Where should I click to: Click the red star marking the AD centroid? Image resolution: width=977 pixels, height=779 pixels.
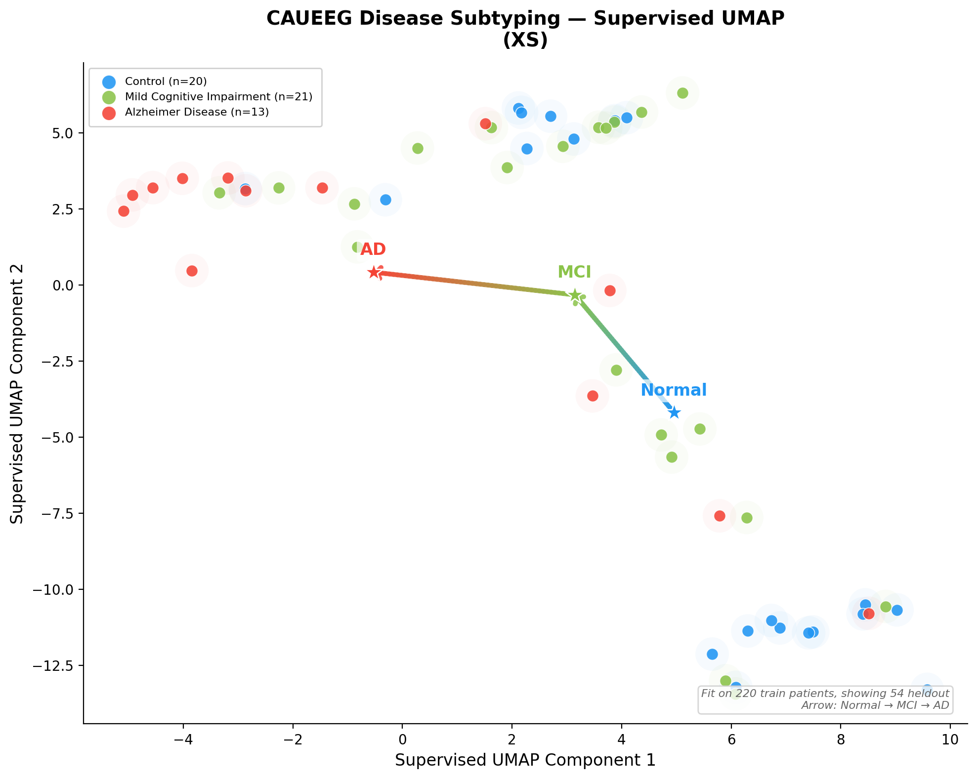click(x=374, y=272)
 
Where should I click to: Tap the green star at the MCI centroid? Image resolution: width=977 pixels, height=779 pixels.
click(x=575, y=295)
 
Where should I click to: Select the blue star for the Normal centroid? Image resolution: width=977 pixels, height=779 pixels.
click(x=674, y=412)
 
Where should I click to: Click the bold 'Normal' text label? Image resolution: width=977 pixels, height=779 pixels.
click(x=674, y=390)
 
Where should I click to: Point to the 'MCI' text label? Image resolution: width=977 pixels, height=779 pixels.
click(x=574, y=272)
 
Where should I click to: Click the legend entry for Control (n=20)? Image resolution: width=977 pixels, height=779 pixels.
click(x=166, y=82)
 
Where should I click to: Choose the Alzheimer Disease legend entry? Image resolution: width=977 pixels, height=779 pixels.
click(x=197, y=112)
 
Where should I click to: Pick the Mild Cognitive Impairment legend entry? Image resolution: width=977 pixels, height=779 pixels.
click(x=218, y=97)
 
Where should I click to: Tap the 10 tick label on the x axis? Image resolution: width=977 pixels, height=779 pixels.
click(x=950, y=739)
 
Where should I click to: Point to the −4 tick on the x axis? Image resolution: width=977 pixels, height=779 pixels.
click(x=183, y=739)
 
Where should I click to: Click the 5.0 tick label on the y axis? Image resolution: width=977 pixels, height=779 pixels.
click(x=62, y=133)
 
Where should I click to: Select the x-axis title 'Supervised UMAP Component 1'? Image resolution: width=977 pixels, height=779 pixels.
click(x=525, y=760)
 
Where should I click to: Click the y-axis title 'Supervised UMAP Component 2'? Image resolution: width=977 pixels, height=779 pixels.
click(x=17, y=394)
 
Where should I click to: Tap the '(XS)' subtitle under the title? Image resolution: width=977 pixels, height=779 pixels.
click(x=525, y=41)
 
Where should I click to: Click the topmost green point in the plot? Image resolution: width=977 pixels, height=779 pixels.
click(x=682, y=93)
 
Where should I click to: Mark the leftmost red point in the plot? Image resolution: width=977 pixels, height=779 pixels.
click(x=124, y=211)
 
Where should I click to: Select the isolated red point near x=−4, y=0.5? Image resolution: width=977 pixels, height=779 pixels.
click(x=192, y=271)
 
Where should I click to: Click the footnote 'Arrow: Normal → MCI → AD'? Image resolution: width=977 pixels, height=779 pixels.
click(x=875, y=705)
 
